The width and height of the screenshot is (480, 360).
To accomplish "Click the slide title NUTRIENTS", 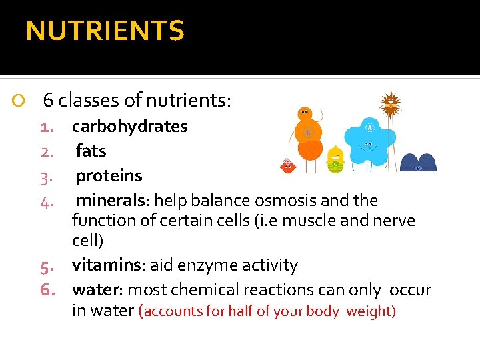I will point(105,31).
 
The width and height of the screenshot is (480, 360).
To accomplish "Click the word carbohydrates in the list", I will point(130,127).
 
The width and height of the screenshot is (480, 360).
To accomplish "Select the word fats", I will point(91,151).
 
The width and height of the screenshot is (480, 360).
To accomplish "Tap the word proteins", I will point(109,176).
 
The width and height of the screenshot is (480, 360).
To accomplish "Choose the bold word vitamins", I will point(107,265).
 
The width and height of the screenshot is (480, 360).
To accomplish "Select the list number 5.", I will point(47,266).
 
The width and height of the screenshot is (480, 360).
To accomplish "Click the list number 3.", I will point(46,177).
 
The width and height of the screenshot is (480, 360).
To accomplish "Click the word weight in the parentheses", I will point(370,311).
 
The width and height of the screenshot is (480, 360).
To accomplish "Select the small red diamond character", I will point(288,165).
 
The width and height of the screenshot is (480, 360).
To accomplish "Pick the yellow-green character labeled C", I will point(335,161).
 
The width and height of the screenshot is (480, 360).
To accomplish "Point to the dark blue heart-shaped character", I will point(418,163).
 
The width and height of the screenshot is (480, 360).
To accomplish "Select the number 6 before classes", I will point(48,101).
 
